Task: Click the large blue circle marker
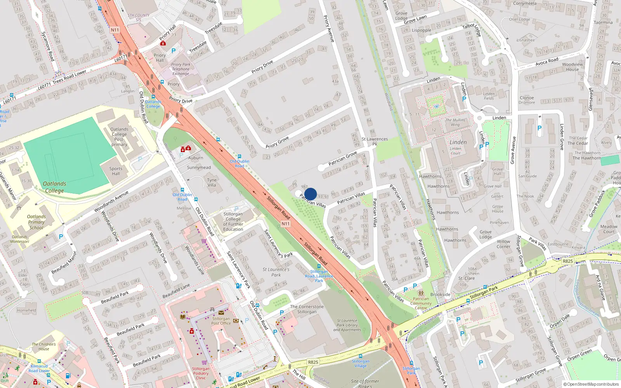point(310,194)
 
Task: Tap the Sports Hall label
point(116,171)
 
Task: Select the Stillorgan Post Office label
point(221,321)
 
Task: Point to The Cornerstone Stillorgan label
point(307,309)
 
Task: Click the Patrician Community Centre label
point(421,303)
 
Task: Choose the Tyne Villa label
point(212,182)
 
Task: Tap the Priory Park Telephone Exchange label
point(181,69)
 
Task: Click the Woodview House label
point(572,67)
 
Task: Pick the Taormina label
point(603,23)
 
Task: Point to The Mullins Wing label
point(455,122)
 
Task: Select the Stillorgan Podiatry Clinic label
point(201,373)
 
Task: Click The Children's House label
point(43,346)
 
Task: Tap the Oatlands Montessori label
point(19,239)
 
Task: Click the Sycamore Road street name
point(47,46)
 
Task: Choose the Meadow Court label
point(609,229)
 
